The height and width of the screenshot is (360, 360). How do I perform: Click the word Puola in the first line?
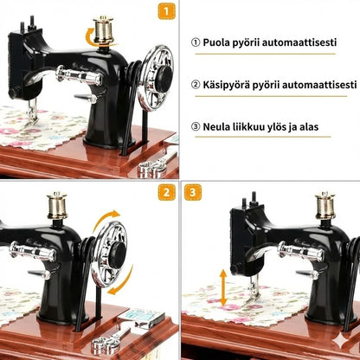coord(222,42)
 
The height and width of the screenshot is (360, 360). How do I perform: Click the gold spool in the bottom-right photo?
coord(325,206)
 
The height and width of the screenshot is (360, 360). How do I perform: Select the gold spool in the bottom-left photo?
coord(57,205)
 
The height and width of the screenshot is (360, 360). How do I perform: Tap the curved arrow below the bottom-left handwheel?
coord(120,280)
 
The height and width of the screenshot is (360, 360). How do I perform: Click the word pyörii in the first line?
coord(259,42)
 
